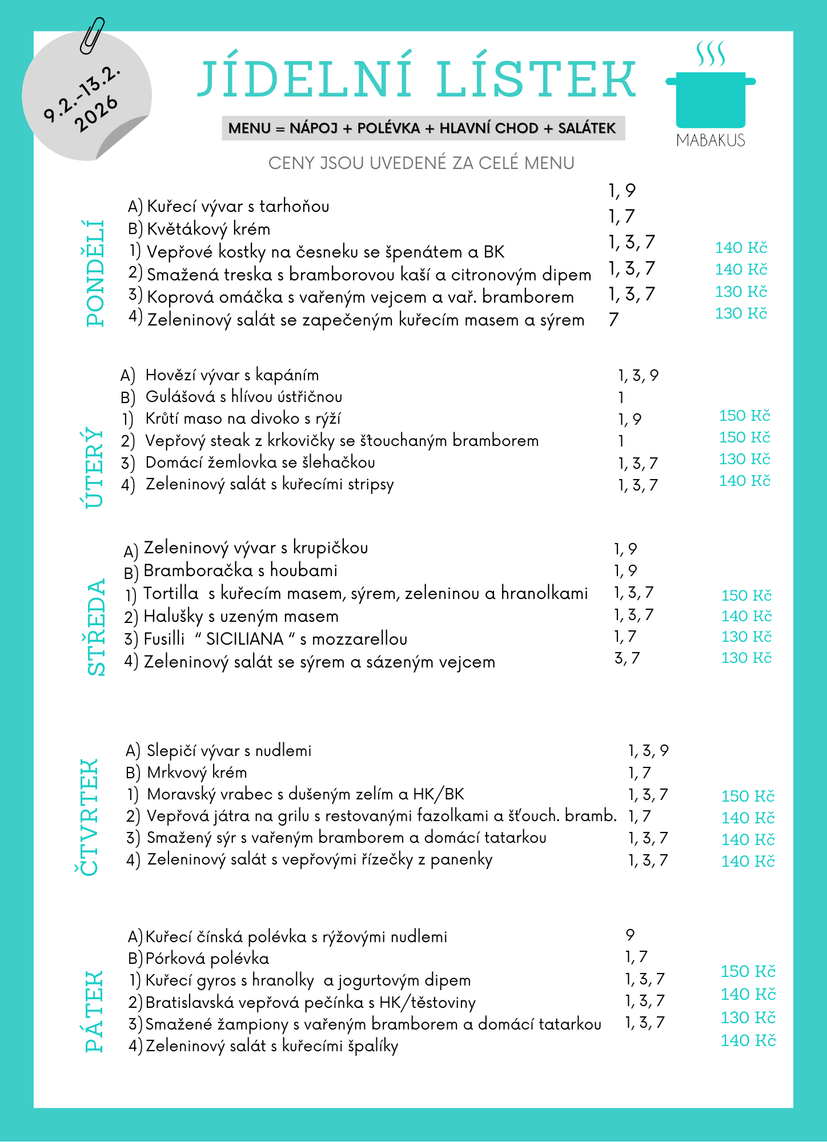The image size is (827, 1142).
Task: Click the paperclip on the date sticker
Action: [92, 35]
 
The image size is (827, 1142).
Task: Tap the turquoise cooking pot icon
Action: [710, 97]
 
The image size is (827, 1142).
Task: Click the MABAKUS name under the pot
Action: [710, 140]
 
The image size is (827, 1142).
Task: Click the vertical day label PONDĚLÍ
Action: [95, 273]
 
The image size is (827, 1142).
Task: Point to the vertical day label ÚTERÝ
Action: [91, 467]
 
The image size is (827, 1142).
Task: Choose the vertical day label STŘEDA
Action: [97, 627]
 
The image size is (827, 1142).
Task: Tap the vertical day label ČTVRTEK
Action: [87, 817]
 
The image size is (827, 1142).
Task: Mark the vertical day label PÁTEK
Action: [94, 1011]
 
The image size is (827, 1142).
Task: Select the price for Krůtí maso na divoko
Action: [744, 416]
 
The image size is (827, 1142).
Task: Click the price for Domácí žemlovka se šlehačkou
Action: [744, 459]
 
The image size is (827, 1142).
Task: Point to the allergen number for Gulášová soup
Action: [621, 397]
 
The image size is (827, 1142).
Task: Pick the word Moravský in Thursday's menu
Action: [181, 794]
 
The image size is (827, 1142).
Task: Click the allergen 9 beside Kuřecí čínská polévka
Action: [630, 935]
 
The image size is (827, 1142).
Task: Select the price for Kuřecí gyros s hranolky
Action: [748, 971]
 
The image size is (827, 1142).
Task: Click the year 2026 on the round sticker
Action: [96, 114]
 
